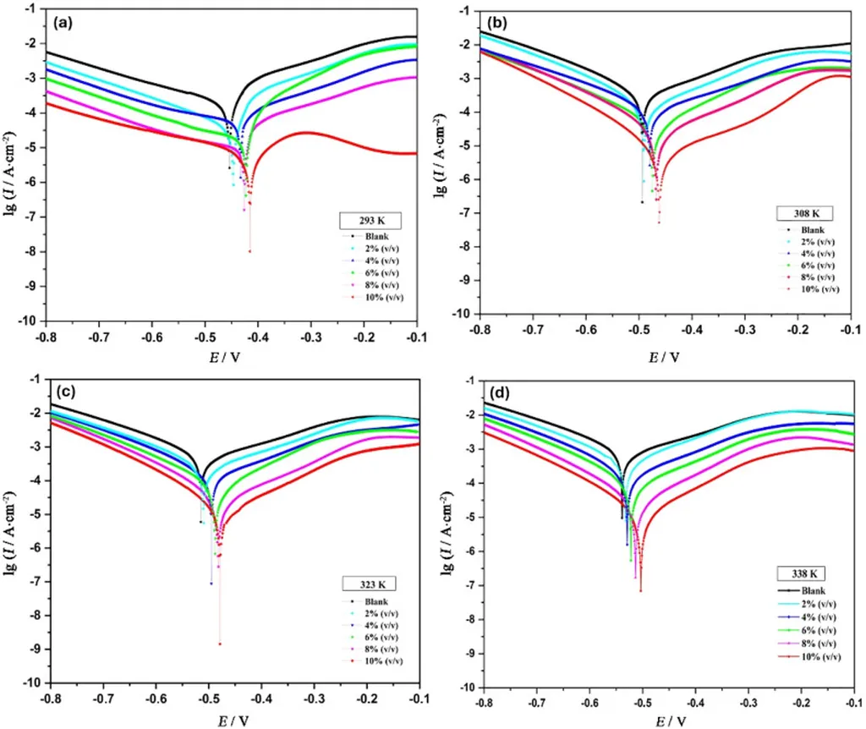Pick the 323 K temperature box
[x=368, y=584]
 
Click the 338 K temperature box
[x=801, y=573]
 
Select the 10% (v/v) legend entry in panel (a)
[x=372, y=296]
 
